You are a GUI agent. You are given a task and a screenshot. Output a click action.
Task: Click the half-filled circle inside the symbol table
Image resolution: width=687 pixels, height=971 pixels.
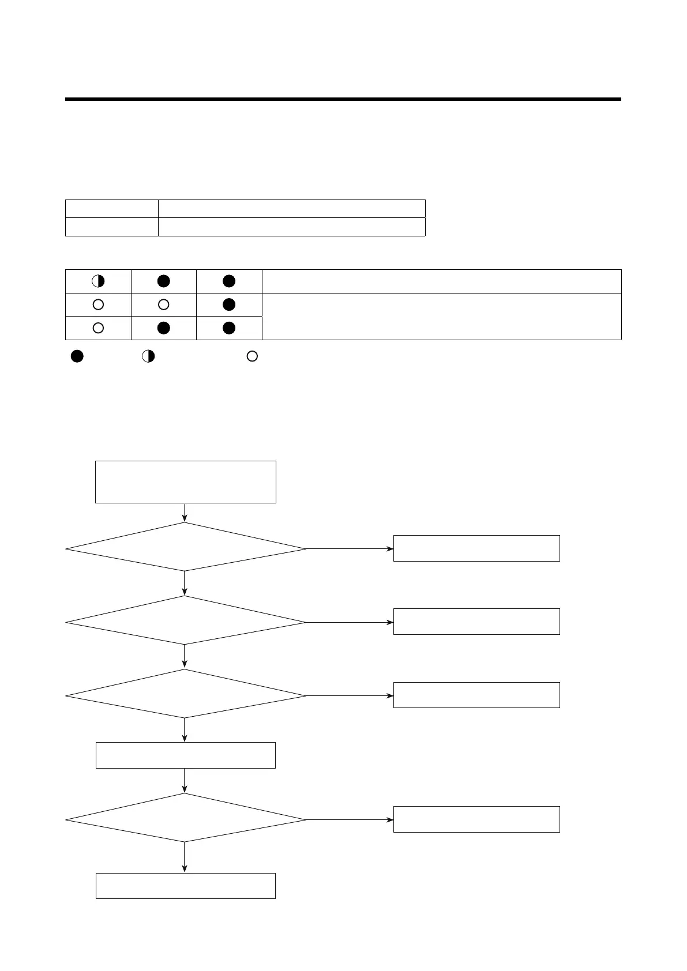click(x=98, y=281)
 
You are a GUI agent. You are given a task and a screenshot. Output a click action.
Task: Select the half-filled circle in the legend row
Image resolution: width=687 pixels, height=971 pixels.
click(x=148, y=356)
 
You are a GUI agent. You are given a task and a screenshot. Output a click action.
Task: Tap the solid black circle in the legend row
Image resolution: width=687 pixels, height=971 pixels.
click(x=77, y=356)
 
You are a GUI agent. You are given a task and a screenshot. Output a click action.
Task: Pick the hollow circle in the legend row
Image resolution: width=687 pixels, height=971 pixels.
click(x=252, y=356)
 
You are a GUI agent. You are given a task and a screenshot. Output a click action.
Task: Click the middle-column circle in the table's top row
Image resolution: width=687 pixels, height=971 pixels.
click(x=164, y=281)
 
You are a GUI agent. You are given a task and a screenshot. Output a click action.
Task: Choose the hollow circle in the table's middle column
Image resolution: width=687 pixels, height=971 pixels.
click(x=164, y=304)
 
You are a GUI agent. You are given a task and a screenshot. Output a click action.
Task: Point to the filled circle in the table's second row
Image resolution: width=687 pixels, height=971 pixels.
click(x=229, y=304)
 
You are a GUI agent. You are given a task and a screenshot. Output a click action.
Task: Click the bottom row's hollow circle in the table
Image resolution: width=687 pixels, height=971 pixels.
click(x=98, y=328)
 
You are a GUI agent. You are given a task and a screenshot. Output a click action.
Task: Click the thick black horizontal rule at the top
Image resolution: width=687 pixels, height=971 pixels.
click(x=343, y=100)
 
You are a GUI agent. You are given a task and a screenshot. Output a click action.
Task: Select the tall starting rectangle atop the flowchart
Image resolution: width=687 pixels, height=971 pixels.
click(x=185, y=481)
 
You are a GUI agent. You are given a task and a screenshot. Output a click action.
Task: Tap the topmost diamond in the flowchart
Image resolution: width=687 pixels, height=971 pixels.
click(x=185, y=547)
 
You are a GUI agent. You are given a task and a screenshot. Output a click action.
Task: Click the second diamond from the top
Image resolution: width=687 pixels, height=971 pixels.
click(x=185, y=620)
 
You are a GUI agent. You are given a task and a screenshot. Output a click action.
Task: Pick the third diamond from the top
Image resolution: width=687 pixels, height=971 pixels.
click(x=185, y=694)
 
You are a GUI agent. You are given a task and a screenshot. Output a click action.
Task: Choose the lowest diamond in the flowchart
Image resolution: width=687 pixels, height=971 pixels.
click(x=185, y=818)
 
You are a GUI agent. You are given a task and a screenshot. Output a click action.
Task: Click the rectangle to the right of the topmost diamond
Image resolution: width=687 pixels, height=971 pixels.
click(x=476, y=548)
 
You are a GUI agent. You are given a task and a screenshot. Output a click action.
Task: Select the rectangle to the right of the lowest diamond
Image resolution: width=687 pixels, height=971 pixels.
click(x=476, y=819)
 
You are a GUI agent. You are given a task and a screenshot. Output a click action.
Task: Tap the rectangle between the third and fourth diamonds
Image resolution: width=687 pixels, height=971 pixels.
click(x=185, y=755)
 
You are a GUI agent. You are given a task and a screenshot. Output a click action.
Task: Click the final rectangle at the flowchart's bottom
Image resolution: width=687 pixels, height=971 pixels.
click(x=185, y=886)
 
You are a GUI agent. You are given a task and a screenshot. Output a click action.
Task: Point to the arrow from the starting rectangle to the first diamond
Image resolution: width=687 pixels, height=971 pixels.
click(x=185, y=513)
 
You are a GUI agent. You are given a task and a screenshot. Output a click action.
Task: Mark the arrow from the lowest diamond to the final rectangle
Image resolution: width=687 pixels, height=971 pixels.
click(x=185, y=857)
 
